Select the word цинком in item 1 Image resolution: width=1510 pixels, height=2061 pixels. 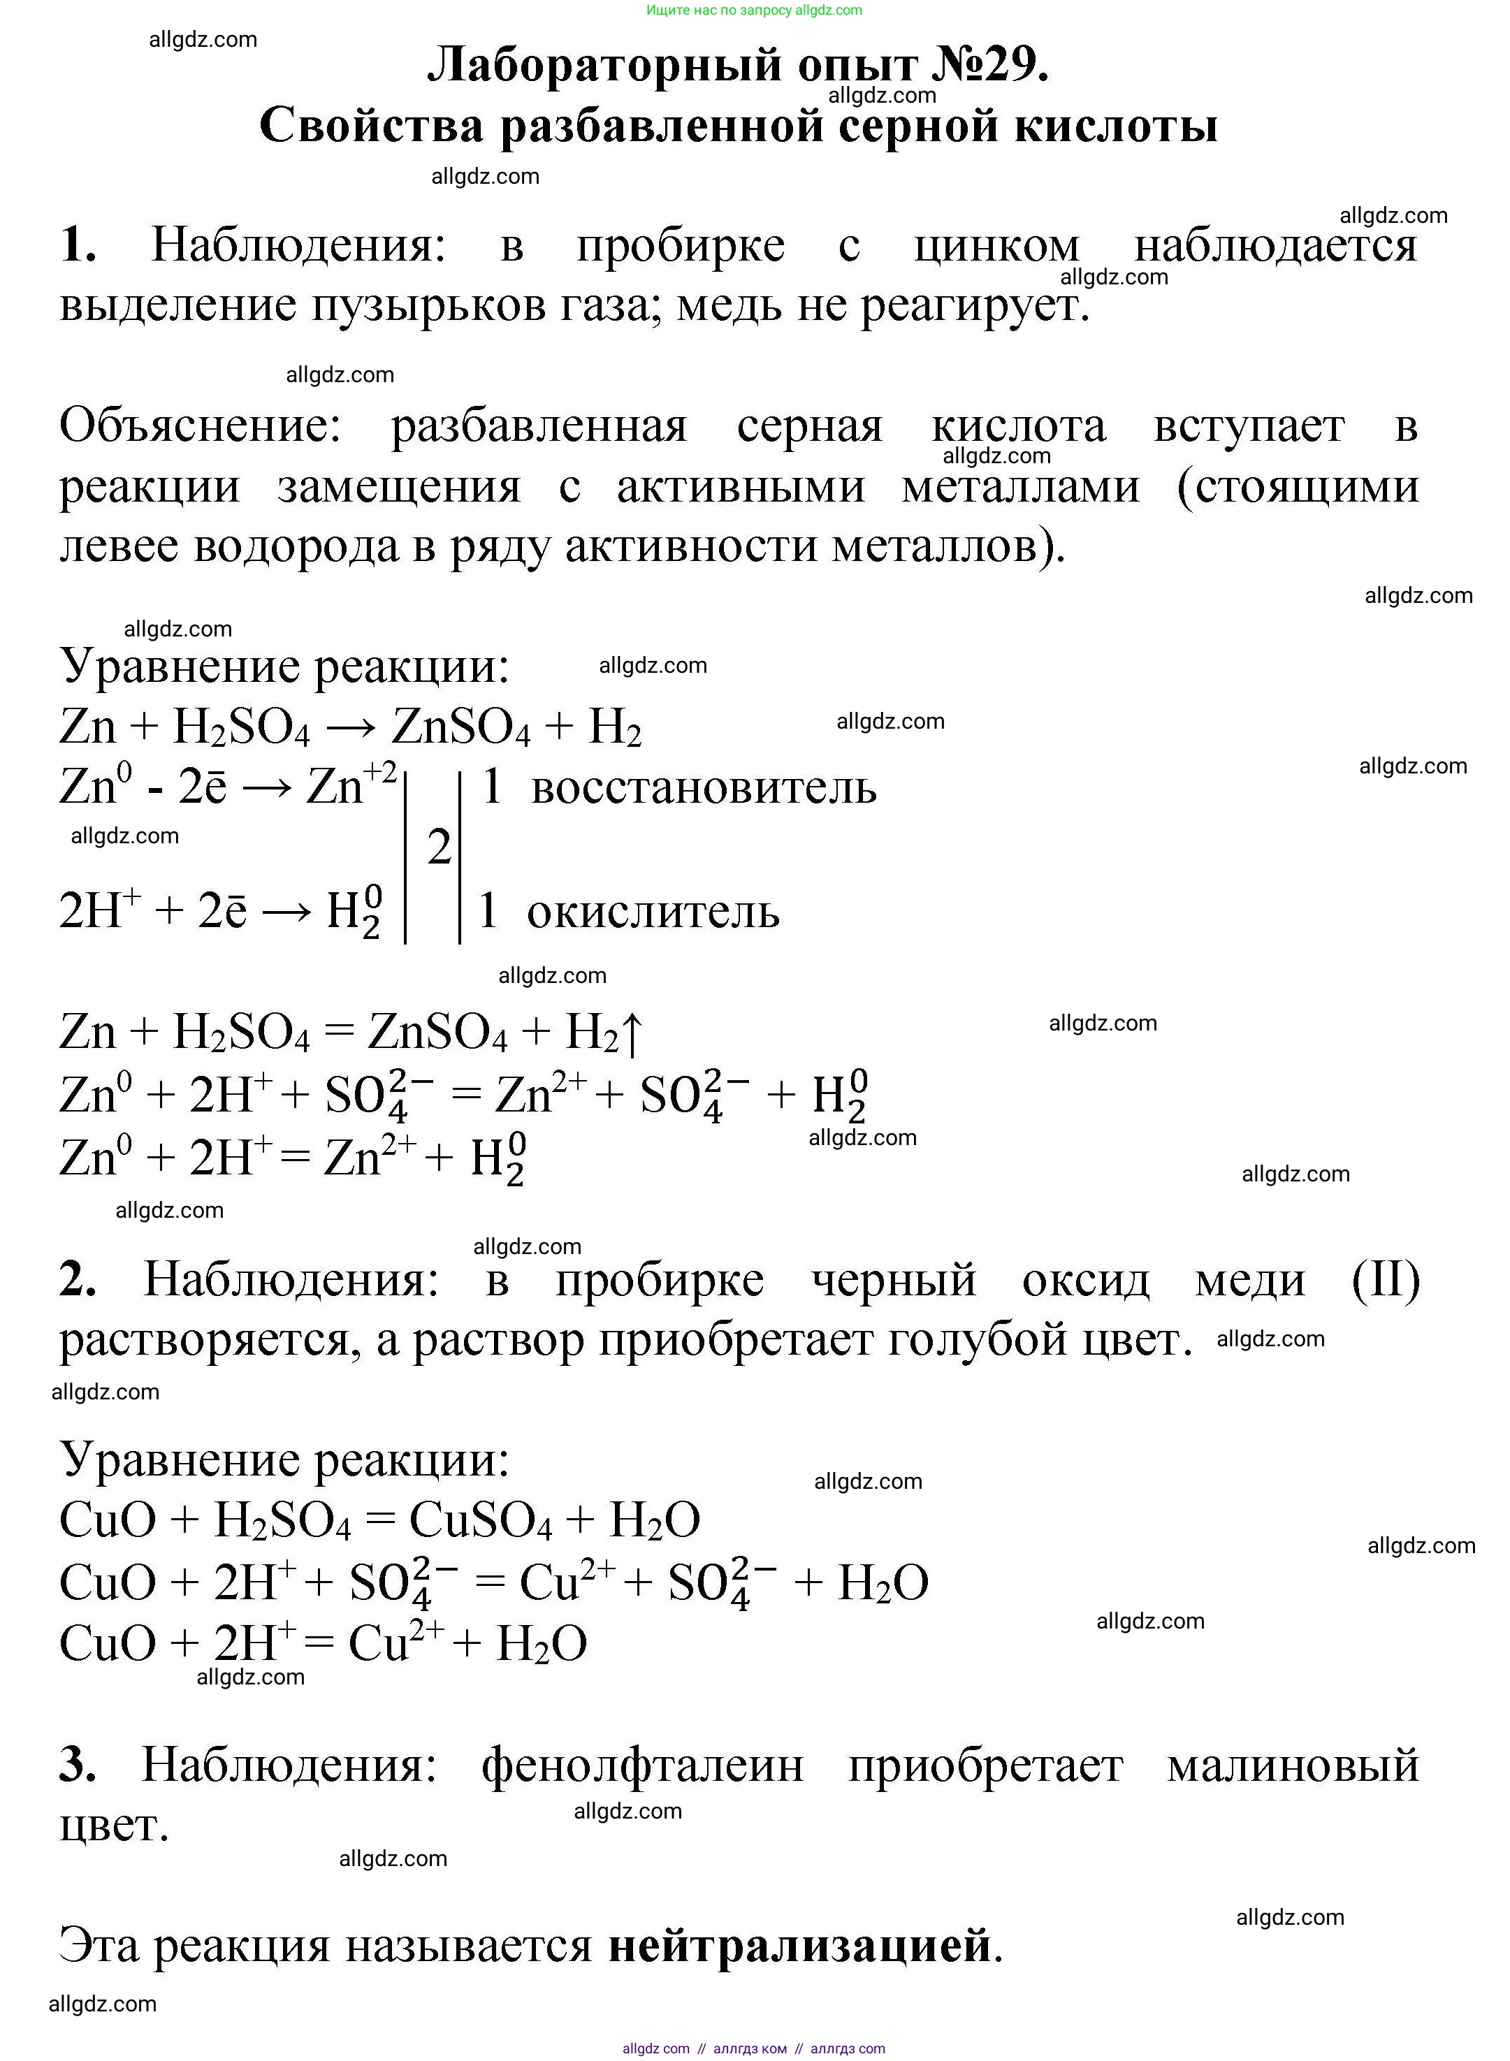coord(996,246)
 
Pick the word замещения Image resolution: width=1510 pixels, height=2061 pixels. coord(400,486)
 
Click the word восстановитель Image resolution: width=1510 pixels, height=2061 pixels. coord(703,788)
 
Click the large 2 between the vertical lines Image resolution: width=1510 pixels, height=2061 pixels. coord(440,847)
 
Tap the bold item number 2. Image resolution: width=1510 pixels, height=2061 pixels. coord(77,1279)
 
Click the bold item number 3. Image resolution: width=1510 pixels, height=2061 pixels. coord(77,1764)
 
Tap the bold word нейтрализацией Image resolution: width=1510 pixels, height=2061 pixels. coord(800,1945)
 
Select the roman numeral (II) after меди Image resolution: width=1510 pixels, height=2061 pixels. coord(1385,1279)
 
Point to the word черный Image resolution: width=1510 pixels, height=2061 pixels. coord(894,1279)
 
